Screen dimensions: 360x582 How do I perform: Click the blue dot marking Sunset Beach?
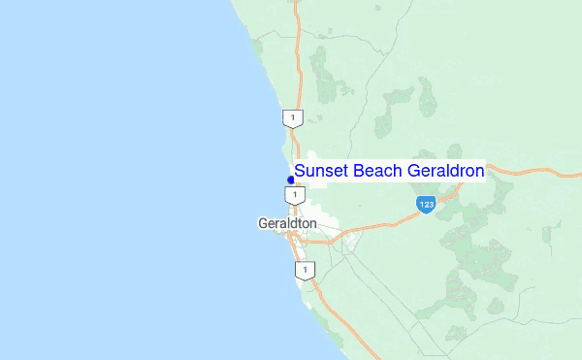point(291,180)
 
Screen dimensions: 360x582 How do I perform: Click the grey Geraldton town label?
point(287,223)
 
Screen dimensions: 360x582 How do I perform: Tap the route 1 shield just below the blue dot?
point(293,195)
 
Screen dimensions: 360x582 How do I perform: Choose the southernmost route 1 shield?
point(306,270)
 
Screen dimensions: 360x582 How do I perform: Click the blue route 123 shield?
point(426,204)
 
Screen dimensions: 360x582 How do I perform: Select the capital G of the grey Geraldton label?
point(263,223)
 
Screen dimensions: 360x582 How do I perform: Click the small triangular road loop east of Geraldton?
point(349,240)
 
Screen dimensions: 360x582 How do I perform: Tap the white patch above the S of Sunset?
point(311,155)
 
